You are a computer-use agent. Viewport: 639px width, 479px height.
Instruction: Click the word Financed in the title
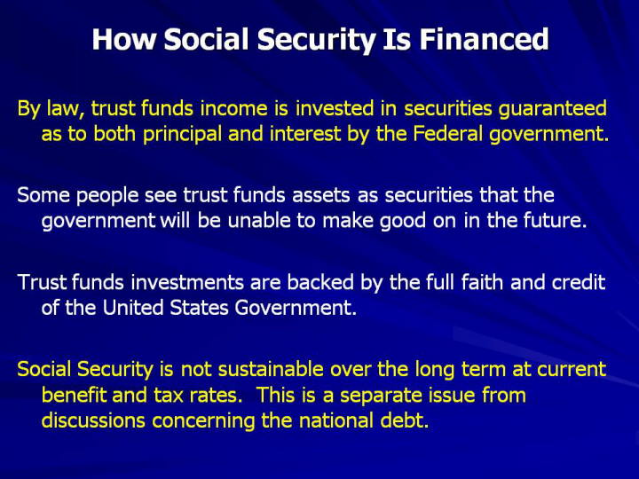coord(484,39)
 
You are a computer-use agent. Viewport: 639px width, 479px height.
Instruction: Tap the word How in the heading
coord(124,39)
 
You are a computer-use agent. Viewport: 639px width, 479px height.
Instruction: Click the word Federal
coord(447,134)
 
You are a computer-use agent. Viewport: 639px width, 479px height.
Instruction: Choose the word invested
coord(335,108)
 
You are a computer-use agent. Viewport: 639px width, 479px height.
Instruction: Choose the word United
coord(133,307)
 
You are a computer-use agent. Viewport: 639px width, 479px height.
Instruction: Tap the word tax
coord(169,395)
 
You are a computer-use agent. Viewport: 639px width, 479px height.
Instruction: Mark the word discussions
coord(93,420)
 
